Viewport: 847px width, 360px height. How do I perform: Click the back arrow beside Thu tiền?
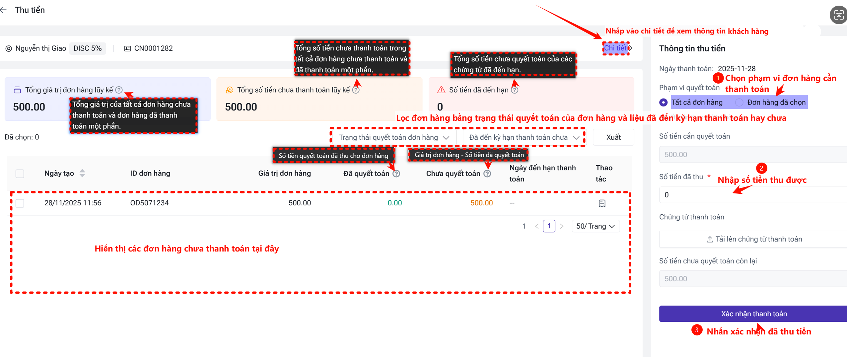3,10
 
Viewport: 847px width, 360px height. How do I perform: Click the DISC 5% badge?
88,48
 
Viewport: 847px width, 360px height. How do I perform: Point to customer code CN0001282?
153,48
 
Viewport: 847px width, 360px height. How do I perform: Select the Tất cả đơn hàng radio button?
664,103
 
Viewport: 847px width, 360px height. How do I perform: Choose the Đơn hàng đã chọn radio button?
739,103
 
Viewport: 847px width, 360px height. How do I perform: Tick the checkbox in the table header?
20,174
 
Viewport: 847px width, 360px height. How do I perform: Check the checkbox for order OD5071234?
20,203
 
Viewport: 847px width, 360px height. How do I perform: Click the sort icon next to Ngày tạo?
82,173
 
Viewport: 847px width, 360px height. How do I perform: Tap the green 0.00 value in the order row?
395,203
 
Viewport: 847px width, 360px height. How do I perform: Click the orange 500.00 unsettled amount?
481,203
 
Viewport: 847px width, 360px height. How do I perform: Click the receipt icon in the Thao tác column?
602,203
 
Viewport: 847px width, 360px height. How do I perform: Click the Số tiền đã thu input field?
753,195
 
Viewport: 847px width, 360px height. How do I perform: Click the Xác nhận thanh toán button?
753,314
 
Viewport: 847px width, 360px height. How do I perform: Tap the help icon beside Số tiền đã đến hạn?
515,90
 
